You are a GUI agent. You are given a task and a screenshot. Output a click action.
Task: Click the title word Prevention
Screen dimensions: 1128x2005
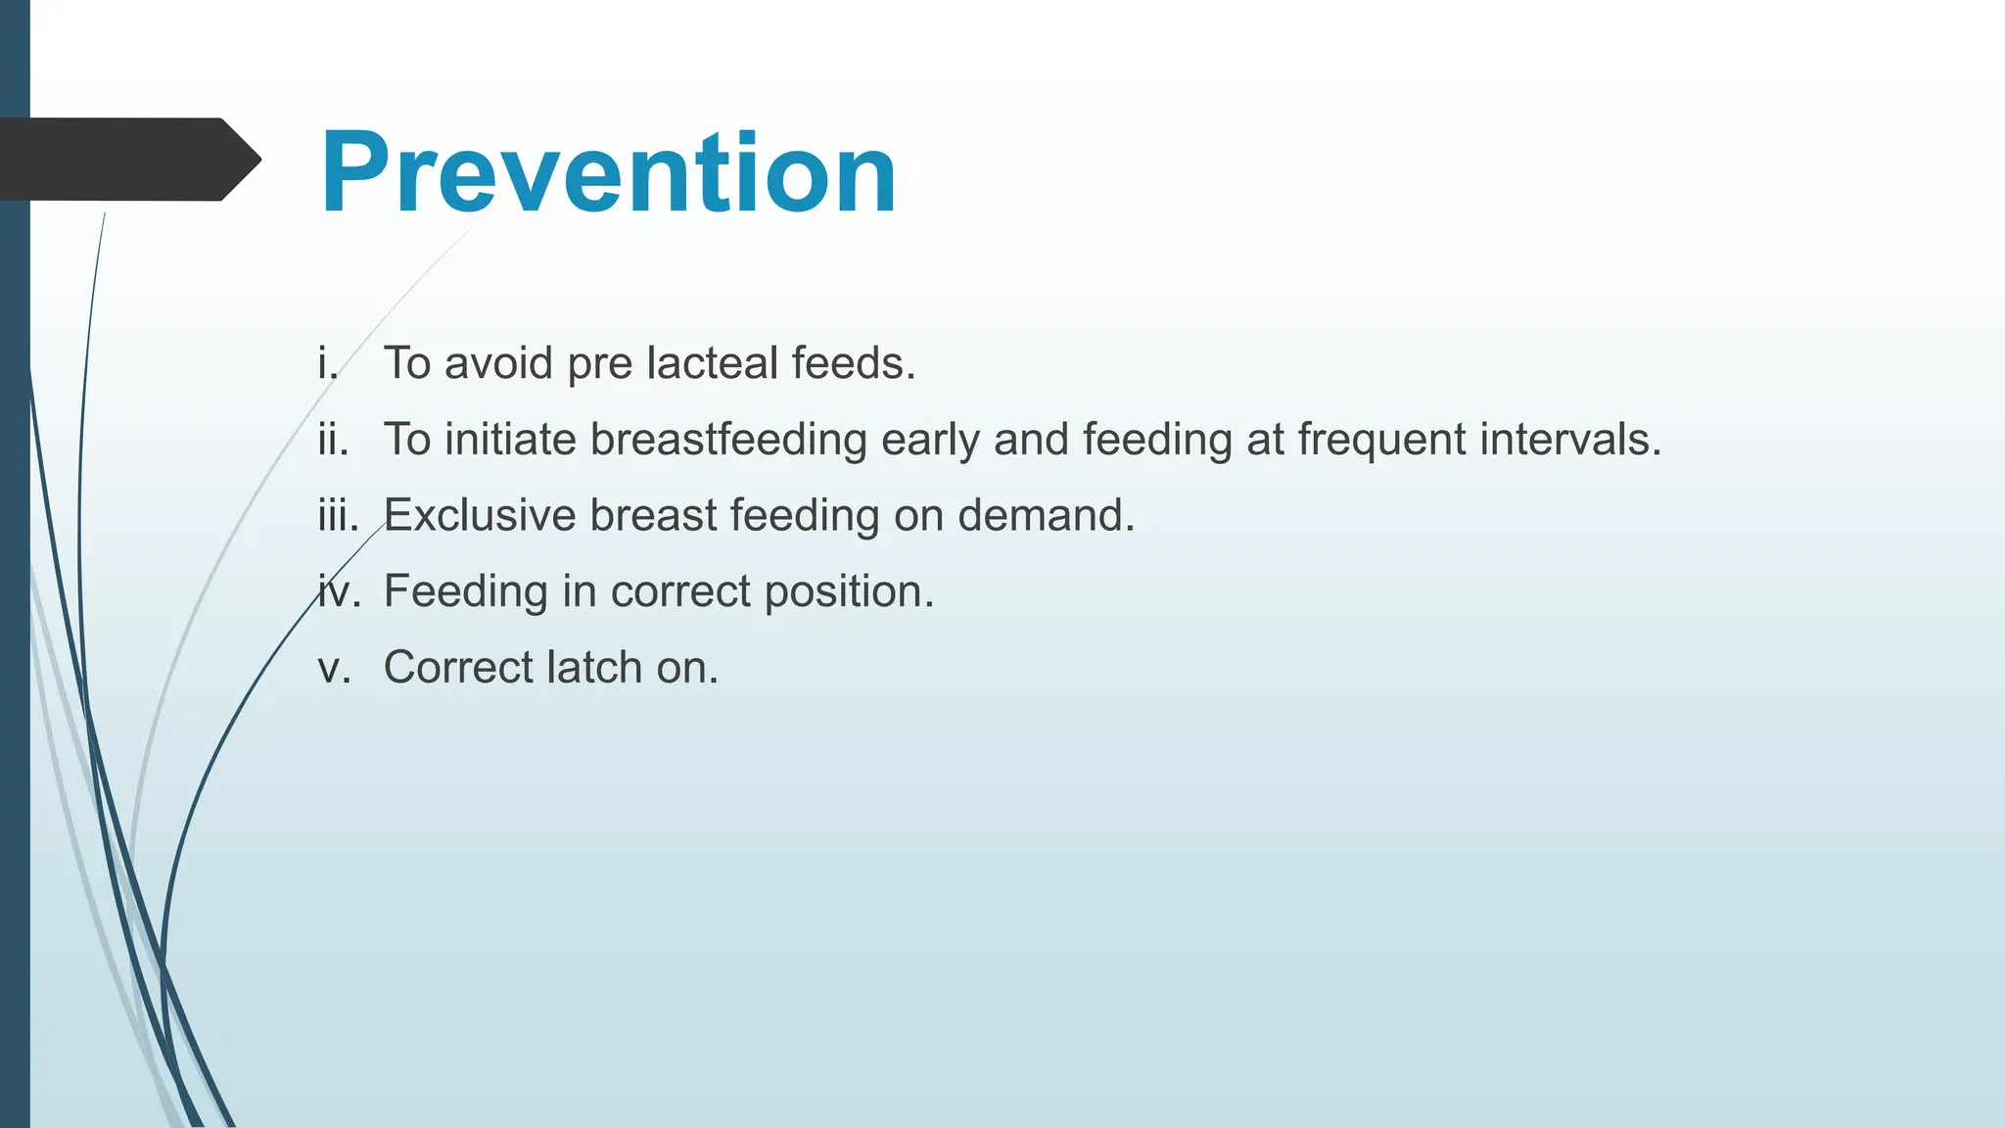click(x=608, y=173)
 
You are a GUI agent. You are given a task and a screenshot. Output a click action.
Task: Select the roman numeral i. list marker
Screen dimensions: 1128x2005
click(x=328, y=363)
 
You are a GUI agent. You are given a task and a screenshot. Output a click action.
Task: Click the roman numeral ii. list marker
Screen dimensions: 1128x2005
click(x=333, y=440)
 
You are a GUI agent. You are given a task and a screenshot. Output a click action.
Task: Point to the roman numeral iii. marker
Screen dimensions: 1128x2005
click(x=338, y=515)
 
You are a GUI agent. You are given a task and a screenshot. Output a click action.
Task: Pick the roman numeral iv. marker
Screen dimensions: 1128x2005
click(x=339, y=591)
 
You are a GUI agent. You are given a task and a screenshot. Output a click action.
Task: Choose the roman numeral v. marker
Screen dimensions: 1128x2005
click(x=333, y=668)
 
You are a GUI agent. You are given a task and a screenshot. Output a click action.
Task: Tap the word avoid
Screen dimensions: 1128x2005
click(x=498, y=363)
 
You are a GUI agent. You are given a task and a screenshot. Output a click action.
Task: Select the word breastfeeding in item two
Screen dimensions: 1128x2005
click(x=728, y=440)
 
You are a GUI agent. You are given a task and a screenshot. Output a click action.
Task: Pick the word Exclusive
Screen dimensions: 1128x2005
click(x=480, y=516)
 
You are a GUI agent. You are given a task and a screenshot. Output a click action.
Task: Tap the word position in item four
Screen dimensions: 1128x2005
click(x=849, y=592)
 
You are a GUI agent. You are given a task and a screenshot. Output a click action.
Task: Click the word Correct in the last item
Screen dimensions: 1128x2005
click(x=458, y=668)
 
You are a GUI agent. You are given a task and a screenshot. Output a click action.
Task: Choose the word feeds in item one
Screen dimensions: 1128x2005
click(x=853, y=363)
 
